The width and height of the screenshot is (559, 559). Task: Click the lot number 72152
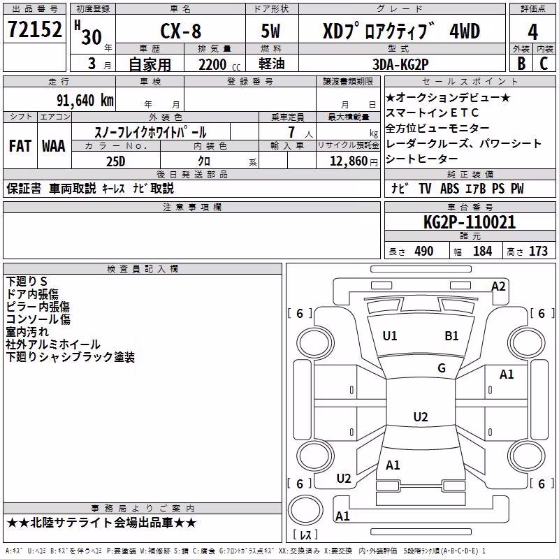point(34,29)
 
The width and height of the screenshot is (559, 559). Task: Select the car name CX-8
point(181,31)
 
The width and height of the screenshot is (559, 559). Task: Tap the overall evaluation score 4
point(532,32)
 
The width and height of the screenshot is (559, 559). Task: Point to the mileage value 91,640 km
point(85,101)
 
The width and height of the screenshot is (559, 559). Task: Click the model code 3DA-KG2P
point(400,64)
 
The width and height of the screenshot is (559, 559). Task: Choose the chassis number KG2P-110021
point(469,222)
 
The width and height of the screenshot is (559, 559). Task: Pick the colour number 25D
point(116,161)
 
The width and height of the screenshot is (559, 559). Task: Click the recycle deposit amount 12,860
point(348,161)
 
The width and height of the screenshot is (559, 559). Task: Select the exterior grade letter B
point(521,64)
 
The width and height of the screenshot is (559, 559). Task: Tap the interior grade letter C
point(544,64)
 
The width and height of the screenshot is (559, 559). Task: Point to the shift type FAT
point(20,146)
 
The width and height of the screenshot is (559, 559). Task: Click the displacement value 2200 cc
point(219,64)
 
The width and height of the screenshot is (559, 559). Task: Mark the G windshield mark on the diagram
point(442,368)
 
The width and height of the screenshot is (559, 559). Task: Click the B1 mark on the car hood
point(451,336)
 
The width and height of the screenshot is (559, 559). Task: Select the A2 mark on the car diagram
point(498,286)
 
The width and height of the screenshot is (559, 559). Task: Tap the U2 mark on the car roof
point(421,416)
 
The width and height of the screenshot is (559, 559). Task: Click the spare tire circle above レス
point(305,510)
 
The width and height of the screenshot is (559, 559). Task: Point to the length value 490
point(424,252)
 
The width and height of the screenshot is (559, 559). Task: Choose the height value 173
point(538,252)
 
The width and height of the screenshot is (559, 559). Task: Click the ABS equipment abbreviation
point(449,189)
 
